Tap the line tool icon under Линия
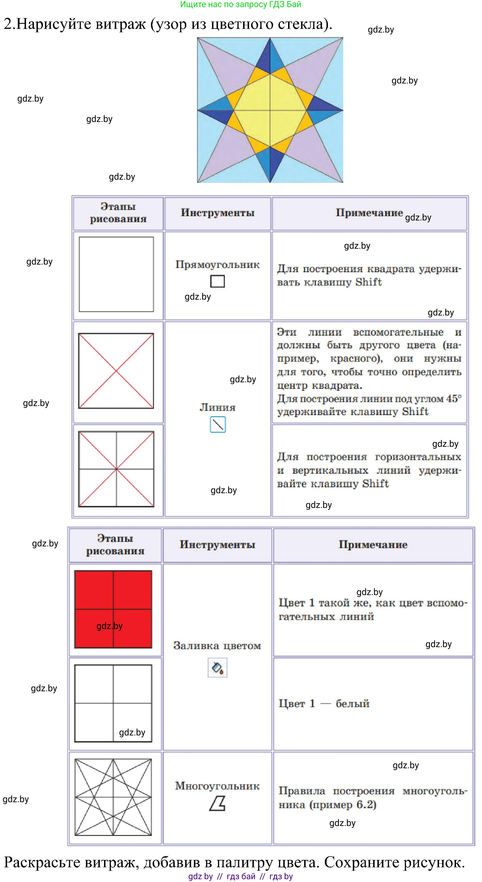(218, 424)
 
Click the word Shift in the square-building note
(368, 282)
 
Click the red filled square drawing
(113, 609)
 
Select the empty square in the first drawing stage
(116, 274)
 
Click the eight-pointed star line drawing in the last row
(113, 797)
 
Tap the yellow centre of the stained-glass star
(270, 110)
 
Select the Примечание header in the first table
(369, 213)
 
